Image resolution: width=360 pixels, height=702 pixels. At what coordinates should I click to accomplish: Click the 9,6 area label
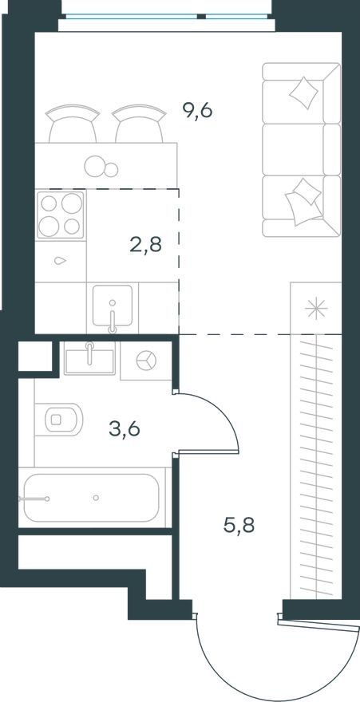197,110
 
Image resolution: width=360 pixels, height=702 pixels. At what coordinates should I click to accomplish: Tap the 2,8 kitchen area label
145,246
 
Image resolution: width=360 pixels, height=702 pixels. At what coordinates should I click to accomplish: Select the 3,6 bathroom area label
125,429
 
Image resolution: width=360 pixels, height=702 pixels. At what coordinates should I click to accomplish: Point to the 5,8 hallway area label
239,524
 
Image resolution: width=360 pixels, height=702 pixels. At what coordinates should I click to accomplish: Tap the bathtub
91,498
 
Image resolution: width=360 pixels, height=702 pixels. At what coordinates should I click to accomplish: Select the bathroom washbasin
89,357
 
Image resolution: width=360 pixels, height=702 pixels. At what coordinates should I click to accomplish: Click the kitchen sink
113,306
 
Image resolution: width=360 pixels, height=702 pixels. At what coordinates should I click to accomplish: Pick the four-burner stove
61,215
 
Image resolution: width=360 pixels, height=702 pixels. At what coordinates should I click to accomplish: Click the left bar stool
73,124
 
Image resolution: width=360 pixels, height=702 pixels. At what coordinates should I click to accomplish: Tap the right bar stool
139,124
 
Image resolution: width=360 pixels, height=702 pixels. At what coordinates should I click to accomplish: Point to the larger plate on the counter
94,165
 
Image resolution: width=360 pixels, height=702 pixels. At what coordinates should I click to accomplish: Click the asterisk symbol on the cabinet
316,309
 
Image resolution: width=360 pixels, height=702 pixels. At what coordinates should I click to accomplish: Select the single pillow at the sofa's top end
303,93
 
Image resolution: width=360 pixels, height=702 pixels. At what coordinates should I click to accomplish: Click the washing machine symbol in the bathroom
146,360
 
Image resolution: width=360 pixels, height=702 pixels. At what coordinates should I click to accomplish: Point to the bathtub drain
96,498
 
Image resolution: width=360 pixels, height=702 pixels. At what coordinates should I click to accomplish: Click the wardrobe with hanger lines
316,466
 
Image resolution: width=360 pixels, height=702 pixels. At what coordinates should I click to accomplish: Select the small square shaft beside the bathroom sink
35,357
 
